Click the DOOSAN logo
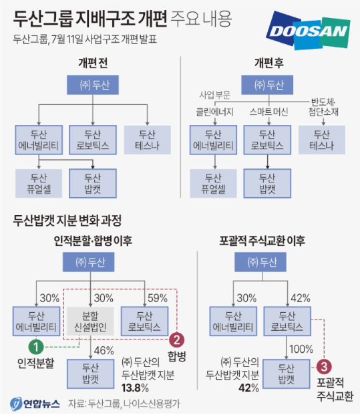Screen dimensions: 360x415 pyautogui.click(x=309, y=31)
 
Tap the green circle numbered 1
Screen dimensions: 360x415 pyautogui.click(x=36, y=346)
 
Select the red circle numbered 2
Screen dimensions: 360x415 pyautogui.click(x=177, y=339)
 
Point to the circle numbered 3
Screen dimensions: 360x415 pyautogui.click(x=324, y=367)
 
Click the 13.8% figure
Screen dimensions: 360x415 pyautogui.click(x=135, y=388)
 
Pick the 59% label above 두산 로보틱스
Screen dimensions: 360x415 pyautogui.click(x=158, y=298)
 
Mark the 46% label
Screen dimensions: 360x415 pyautogui.click(x=104, y=351)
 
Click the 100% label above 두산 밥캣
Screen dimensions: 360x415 pyautogui.click(x=301, y=349)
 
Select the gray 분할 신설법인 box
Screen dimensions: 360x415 pyautogui.click(x=90, y=321)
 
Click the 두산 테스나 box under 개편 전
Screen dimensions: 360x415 pyautogui.click(x=148, y=140)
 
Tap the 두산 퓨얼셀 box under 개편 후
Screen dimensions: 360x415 pyautogui.click(x=213, y=183)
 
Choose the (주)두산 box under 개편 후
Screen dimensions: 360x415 pyautogui.click(x=267, y=85)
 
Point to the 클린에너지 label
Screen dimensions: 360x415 pyautogui.click(x=215, y=112)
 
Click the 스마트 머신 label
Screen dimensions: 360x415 pyautogui.click(x=268, y=112)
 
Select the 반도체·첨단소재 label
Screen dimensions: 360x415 pyautogui.click(x=323, y=107)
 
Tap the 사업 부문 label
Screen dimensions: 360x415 pyautogui.click(x=215, y=95)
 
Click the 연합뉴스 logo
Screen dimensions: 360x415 pyautogui.click(x=35, y=404)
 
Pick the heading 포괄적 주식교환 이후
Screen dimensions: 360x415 pyautogui.click(x=262, y=241)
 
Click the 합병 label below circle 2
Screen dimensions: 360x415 pyautogui.click(x=177, y=356)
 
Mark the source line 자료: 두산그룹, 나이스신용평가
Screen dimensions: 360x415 pyautogui.click(x=124, y=404)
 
